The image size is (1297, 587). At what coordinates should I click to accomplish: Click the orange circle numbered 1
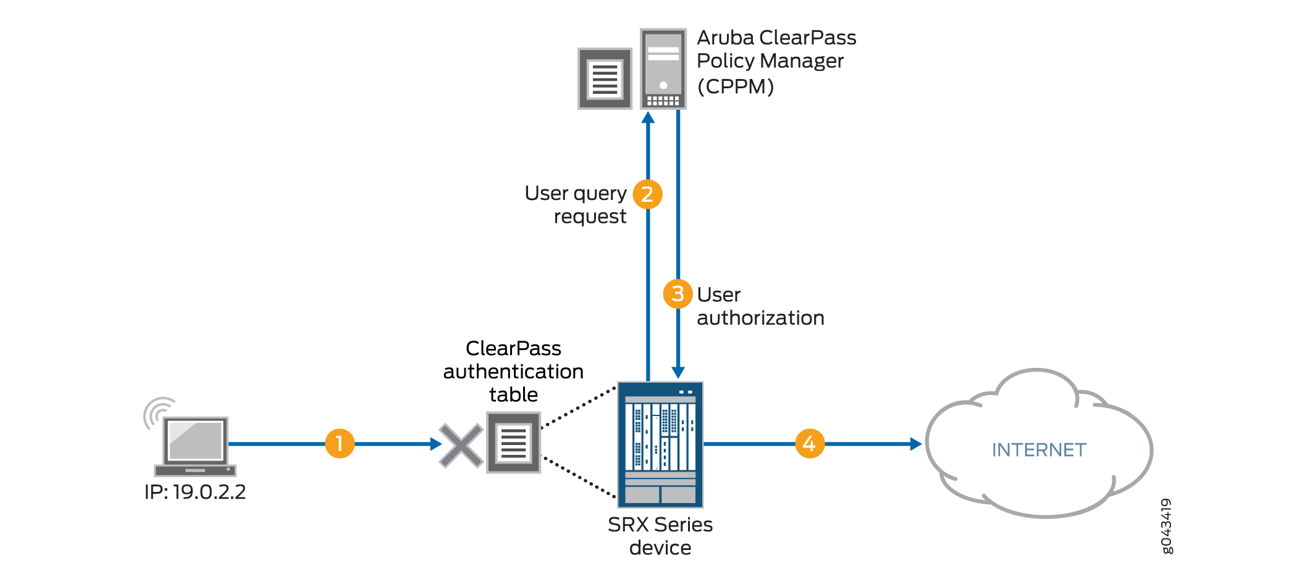pos(340,444)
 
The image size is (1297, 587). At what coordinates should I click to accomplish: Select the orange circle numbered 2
pos(647,194)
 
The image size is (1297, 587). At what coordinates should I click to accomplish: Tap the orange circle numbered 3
pos(678,294)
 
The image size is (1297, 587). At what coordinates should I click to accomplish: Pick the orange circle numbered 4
pos(810,444)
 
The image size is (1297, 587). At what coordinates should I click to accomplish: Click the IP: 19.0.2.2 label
pos(195,492)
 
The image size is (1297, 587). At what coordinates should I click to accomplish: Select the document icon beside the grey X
pos(513,443)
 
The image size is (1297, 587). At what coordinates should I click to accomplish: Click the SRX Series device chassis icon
pos(660,444)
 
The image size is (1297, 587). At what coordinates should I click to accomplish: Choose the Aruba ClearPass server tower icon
pos(663,69)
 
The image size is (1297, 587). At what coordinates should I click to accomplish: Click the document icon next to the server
pos(605,78)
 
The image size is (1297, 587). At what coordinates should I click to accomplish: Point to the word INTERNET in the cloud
pos(1039,450)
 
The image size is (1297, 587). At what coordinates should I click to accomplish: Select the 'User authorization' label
pos(760,306)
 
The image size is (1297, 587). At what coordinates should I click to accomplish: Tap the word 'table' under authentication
pos(513,394)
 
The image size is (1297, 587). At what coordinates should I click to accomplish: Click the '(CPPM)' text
pos(736,86)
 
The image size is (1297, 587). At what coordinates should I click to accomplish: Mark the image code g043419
pos(1166,527)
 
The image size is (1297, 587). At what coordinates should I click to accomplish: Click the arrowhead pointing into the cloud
pos(916,444)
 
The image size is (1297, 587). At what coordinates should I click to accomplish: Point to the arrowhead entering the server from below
pos(648,118)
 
